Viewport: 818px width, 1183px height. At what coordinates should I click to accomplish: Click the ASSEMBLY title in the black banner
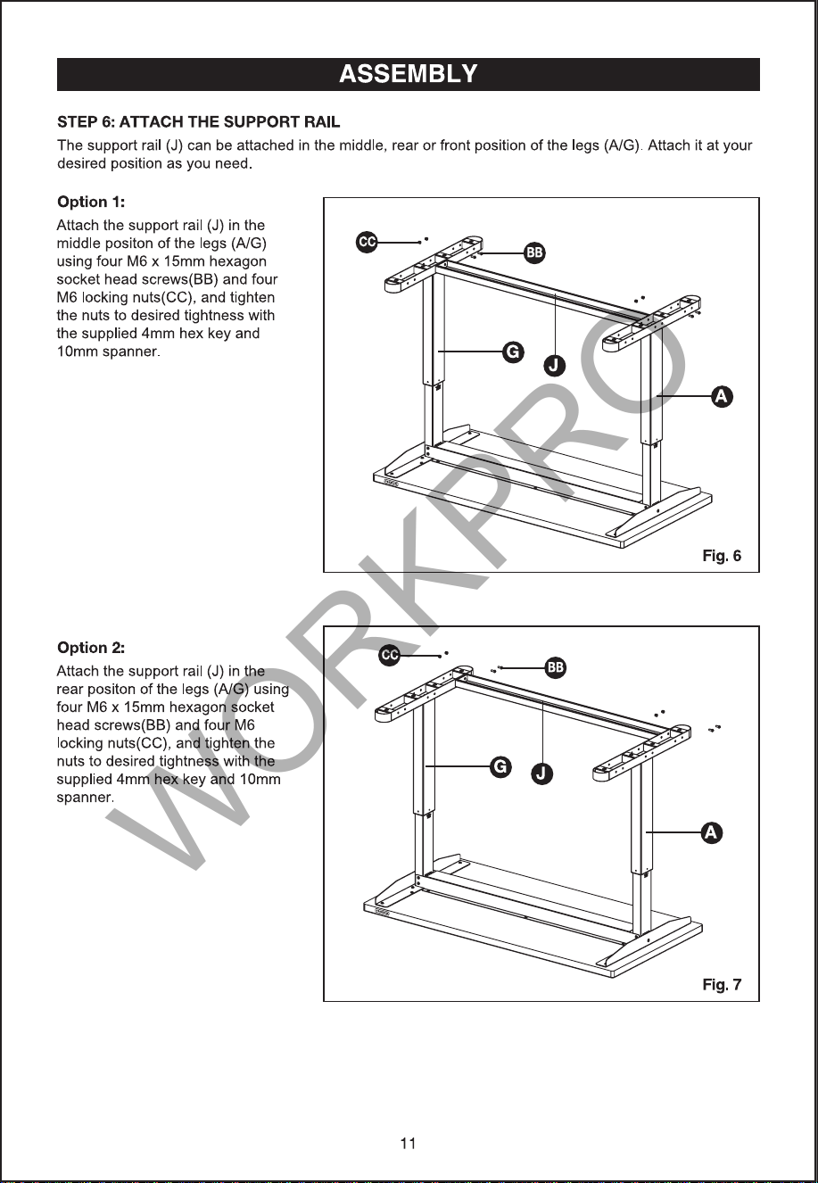click(409, 74)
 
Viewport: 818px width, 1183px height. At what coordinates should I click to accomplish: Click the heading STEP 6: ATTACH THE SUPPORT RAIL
click(199, 122)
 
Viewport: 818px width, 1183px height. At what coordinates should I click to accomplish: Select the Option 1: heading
click(91, 202)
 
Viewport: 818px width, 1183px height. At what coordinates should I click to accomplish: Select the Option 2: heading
click(91, 648)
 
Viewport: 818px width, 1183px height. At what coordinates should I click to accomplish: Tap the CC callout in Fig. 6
click(367, 242)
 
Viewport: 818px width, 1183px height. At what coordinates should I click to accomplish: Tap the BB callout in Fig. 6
click(534, 253)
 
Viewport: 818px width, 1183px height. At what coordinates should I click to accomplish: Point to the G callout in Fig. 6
click(512, 352)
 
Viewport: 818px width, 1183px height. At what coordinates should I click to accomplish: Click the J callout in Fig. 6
click(554, 365)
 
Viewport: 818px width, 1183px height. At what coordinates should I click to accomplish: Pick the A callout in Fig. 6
click(722, 396)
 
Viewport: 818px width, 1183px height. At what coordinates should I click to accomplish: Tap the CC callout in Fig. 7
click(390, 656)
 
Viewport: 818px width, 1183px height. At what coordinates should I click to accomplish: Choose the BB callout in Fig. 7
click(556, 667)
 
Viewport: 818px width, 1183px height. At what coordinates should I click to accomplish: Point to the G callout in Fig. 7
click(500, 766)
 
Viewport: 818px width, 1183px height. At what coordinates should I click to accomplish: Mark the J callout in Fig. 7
click(541, 773)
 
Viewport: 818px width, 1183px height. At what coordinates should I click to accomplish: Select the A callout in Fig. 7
click(711, 832)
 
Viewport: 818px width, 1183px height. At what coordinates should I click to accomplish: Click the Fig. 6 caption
click(722, 556)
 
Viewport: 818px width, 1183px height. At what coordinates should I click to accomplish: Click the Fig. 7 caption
click(722, 984)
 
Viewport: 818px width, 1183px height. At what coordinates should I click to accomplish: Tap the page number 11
click(409, 1144)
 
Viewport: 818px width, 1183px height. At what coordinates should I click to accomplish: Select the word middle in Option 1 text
click(78, 244)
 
